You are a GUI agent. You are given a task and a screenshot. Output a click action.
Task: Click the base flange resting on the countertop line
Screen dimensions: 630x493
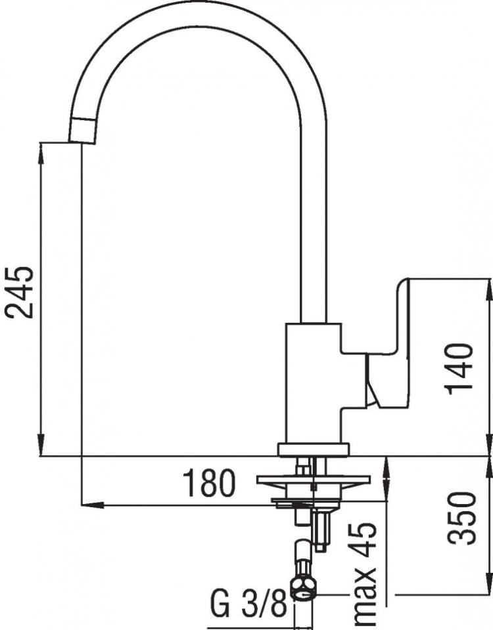(x=314, y=450)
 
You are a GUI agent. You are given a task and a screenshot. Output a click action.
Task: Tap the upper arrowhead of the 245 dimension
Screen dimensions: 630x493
(x=41, y=148)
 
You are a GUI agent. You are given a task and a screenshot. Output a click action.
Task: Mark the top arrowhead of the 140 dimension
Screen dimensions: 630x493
(x=488, y=285)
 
